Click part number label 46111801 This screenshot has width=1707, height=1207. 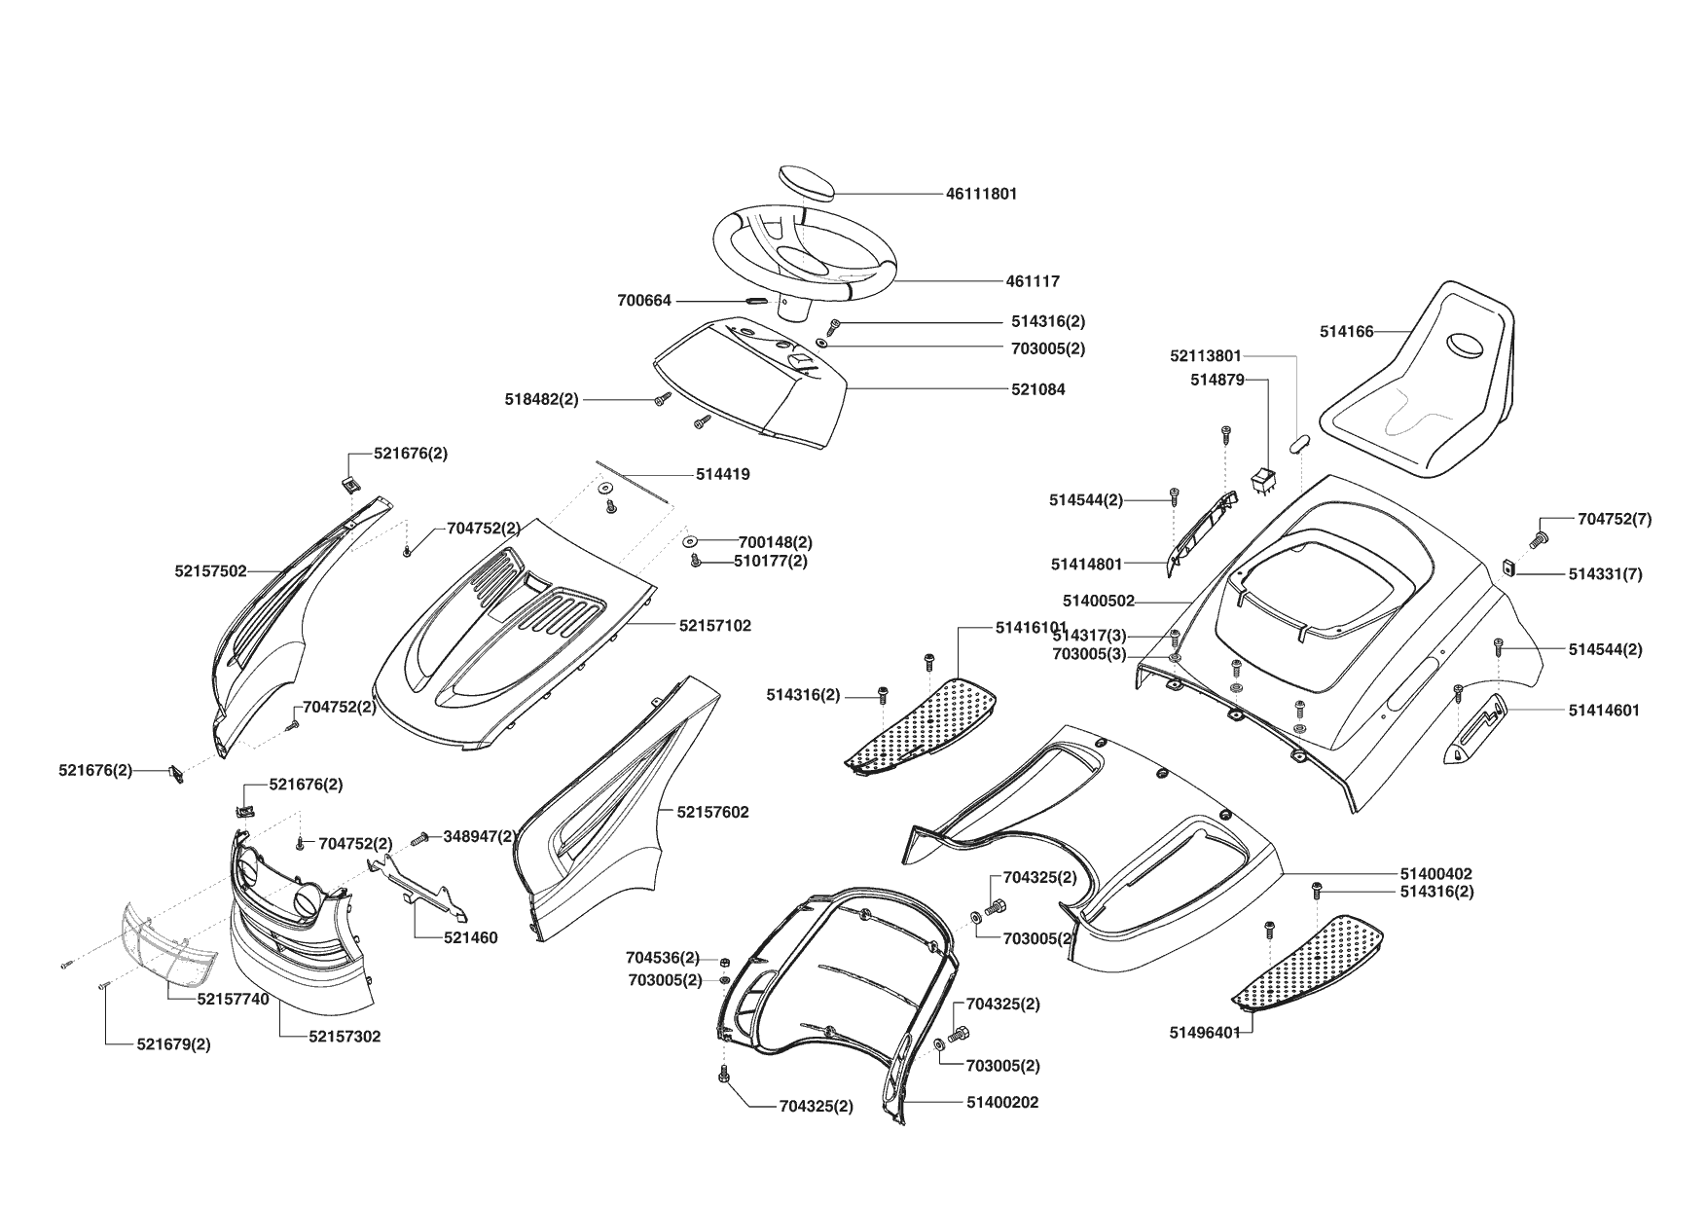pyautogui.click(x=981, y=194)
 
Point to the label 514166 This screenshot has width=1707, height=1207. pyautogui.click(x=1346, y=332)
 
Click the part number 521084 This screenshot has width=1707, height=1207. pyautogui.click(x=1037, y=389)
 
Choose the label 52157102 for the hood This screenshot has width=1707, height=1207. pyautogui.click(x=714, y=626)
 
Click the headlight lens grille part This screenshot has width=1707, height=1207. pyautogui.click(x=167, y=943)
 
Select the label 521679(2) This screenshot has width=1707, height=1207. pyautogui.click(x=173, y=1044)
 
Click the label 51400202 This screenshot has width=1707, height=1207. pyautogui.click(x=1002, y=1102)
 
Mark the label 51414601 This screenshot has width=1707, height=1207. pyautogui.click(x=1604, y=711)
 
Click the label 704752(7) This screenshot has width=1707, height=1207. pyautogui.click(x=1614, y=520)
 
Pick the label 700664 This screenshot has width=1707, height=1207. pyautogui.click(x=644, y=301)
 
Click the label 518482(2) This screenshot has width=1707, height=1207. pyautogui.click(x=541, y=399)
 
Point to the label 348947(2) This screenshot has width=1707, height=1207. pyautogui.click(x=480, y=836)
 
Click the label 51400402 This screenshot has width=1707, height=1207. pyautogui.click(x=1435, y=874)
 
